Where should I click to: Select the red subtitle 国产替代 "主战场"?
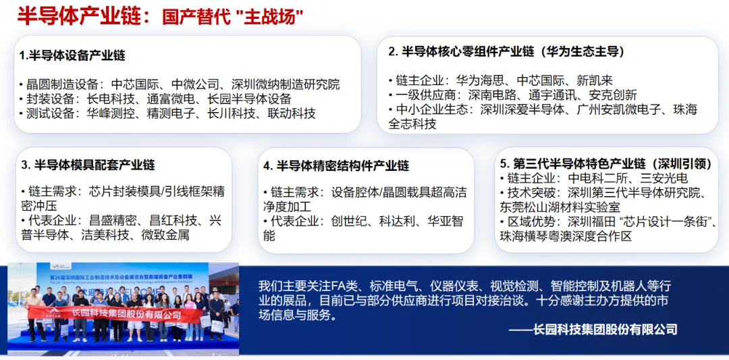click(x=232, y=17)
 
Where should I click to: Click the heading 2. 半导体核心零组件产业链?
click(x=506, y=51)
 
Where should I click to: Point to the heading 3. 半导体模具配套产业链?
click(x=88, y=165)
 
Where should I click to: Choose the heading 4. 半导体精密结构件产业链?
click(x=336, y=165)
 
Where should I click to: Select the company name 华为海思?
click(x=480, y=80)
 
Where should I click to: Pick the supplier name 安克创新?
click(x=612, y=95)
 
